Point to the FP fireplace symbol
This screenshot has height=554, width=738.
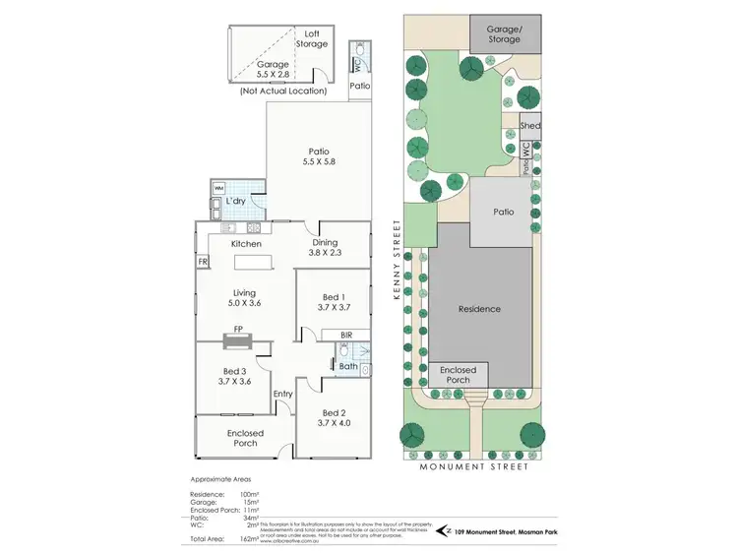pyautogui.click(x=237, y=341)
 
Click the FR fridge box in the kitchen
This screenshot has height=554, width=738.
pyautogui.click(x=203, y=262)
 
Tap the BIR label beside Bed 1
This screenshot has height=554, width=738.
pyautogui.click(x=345, y=336)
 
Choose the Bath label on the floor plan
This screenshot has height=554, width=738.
pyautogui.click(x=348, y=367)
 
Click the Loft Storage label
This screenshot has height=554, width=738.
pyautogui.click(x=314, y=38)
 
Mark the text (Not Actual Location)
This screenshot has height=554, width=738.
pyautogui.click(x=281, y=92)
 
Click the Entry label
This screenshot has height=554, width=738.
pyautogui.click(x=283, y=395)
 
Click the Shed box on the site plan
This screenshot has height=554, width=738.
pyautogui.click(x=530, y=126)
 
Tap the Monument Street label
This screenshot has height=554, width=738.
pyautogui.click(x=474, y=466)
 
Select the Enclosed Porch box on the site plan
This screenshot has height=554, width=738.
pyautogui.click(x=458, y=375)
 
